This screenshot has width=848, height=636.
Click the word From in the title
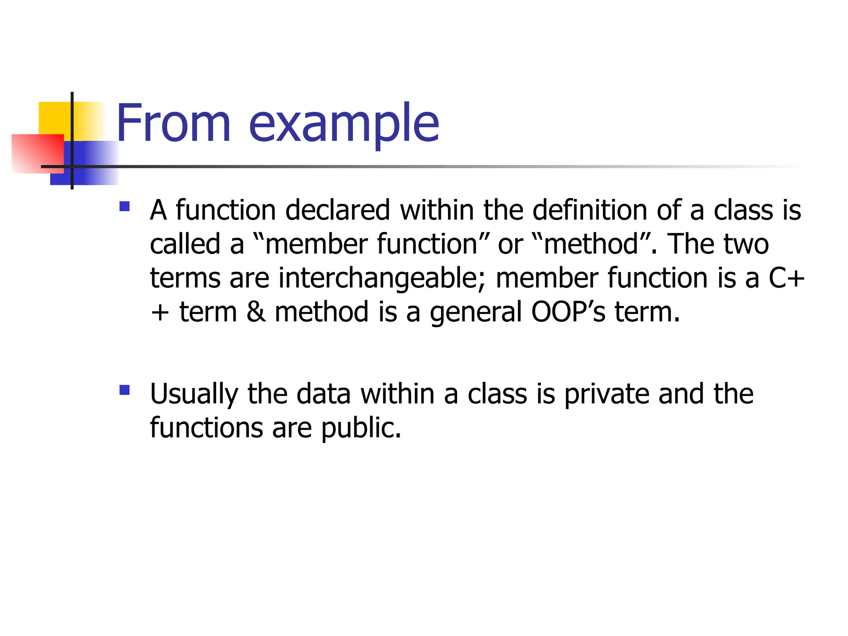click(x=173, y=123)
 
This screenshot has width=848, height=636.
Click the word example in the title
click(x=344, y=124)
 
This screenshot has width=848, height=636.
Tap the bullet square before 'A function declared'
click(x=124, y=206)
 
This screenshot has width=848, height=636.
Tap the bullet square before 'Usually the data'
click(x=124, y=390)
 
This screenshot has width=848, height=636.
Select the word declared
click(x=337, y=210)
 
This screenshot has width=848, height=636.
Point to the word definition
click(x=590, y=210)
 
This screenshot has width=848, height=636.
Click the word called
click(x=185, y=244)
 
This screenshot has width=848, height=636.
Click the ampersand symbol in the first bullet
click(x=256, y=312)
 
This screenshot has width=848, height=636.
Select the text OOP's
click(x=568, y=312)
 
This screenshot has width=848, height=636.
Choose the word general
click(x=476, y=313)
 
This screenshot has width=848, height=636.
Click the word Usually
click(x=194, y=395)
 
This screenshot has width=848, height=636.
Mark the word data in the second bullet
click(x=324, y=394)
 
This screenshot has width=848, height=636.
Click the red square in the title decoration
click(x=37, y=153)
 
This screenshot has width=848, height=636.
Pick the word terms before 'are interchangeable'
click(x=185, y=278)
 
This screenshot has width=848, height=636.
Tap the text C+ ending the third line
click(x=786, y=278)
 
